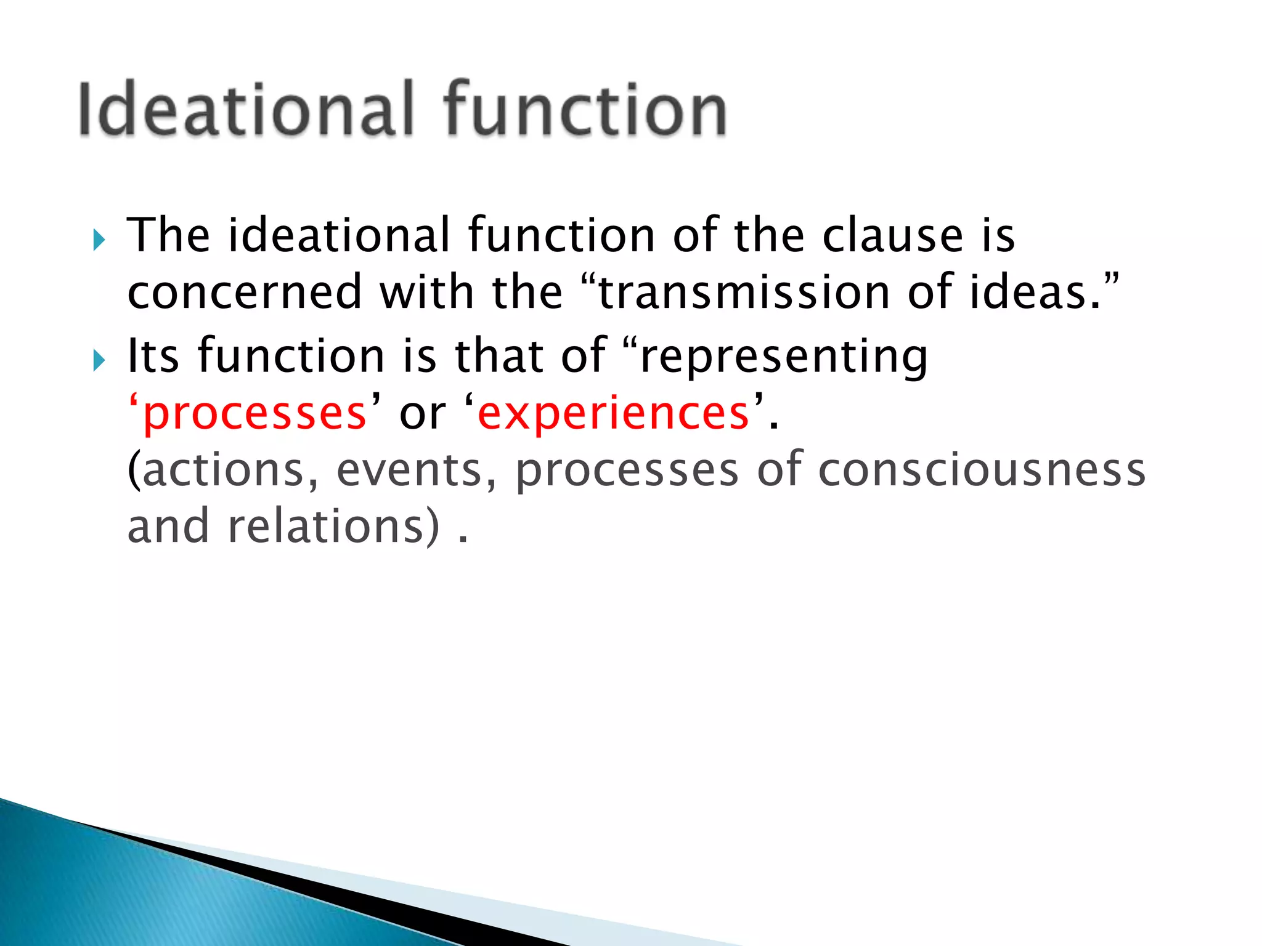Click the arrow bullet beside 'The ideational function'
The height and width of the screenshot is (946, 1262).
[x=99, y=240]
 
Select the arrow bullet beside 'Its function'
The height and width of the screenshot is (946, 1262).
[x=99, y=360]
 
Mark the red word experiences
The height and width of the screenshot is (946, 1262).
[x=613, y=414]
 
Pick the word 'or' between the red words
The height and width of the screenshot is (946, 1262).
[x=423, y=414]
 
